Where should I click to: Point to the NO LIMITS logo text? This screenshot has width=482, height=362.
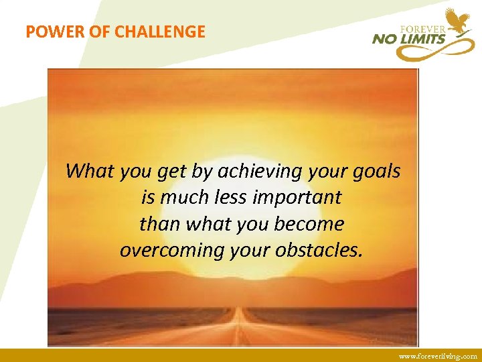tap(408, 40)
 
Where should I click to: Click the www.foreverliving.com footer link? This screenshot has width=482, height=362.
tap(438, 357)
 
